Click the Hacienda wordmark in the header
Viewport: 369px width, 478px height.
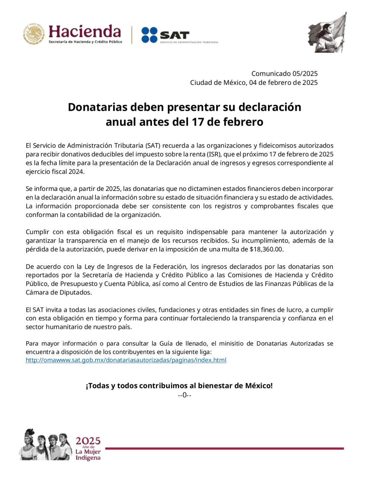[85, 32]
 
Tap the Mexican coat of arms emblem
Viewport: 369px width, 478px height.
[34, 34]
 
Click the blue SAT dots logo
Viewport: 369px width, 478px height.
[149, 35]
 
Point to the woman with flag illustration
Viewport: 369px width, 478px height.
[327, 33]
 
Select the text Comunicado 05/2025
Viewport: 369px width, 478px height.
[284, 74]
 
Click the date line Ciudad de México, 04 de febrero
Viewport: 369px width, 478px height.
[254, 83]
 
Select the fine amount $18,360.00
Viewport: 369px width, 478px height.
[266, 249]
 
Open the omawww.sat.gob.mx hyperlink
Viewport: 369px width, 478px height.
[126, 360]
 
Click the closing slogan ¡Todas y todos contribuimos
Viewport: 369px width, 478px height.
[179, 386]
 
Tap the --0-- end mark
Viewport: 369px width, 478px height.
[184, 395]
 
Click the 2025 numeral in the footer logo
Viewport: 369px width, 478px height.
[88, 441]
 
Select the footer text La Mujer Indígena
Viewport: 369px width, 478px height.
[88, 455]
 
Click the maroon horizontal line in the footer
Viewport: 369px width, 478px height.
[224, 448]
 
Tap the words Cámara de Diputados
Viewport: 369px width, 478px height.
[58, 292]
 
